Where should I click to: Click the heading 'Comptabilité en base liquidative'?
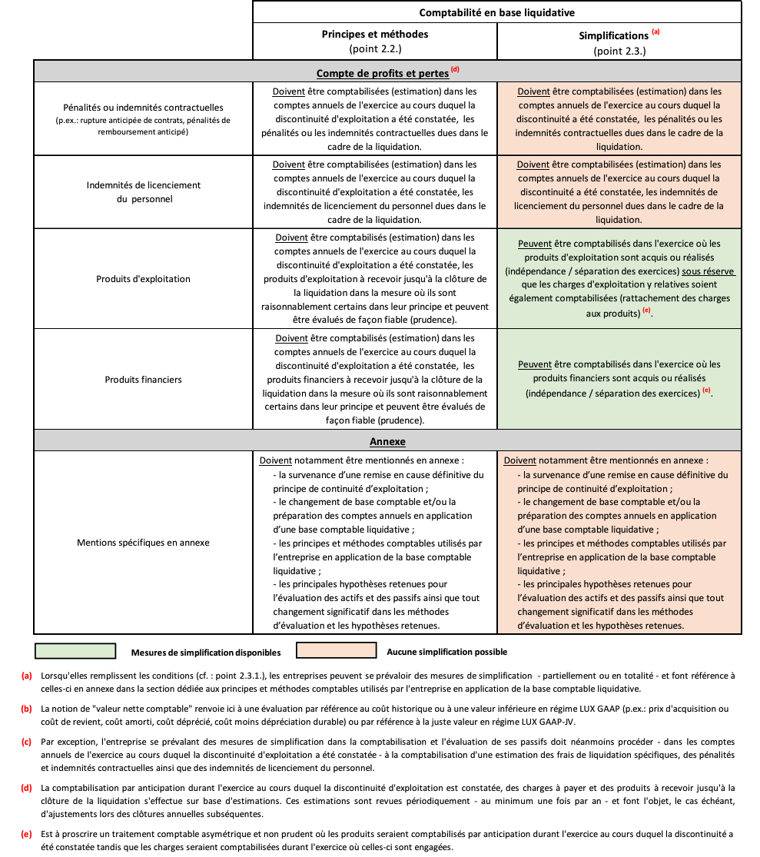pyautogui.click(x=496, y=12)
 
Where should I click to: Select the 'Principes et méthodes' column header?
pyautogui.click(x=375, y=35)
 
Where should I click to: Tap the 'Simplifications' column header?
pyautogui.click(x=613, y=35)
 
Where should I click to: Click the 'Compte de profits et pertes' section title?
pyautogui.click(x=383, y=73)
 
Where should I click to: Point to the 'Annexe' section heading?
pyautogui.click(x=387, y=442)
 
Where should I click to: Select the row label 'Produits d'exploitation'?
pyautogui.click(x=143, y=278)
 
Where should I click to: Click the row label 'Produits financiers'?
pyautogui.click(x=143, y=380)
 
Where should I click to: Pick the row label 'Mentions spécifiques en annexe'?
pyautogui.click(x=143, y=543)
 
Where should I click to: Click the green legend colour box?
pyautogui.click(x=75, y=652)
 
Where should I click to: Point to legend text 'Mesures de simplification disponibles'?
pyautogui.click(x=206, y=653)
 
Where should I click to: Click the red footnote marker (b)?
pyautogui.click(x=26, y=709)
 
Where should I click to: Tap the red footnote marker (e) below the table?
pyautogui.click(x=26, y=833)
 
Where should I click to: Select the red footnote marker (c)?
pyautogui.click(x=26, y=742)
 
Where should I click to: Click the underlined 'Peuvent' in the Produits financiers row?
pyautogui.click(x=534, y=365)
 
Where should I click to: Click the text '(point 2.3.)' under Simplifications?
pyautogui.click(x=619, y=51)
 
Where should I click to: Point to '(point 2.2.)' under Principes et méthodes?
pyautogui.click(x=375, y=50)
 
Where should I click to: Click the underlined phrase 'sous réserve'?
pyautogui.click(x=709, y=271)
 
